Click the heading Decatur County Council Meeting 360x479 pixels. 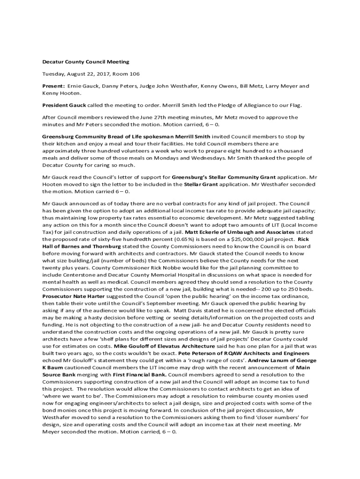pyautogui.click(x=86, y=62)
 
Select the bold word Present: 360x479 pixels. pyautogui.click(x=53, y=86)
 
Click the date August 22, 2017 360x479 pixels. pyautogui.click(x=86, y=74)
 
